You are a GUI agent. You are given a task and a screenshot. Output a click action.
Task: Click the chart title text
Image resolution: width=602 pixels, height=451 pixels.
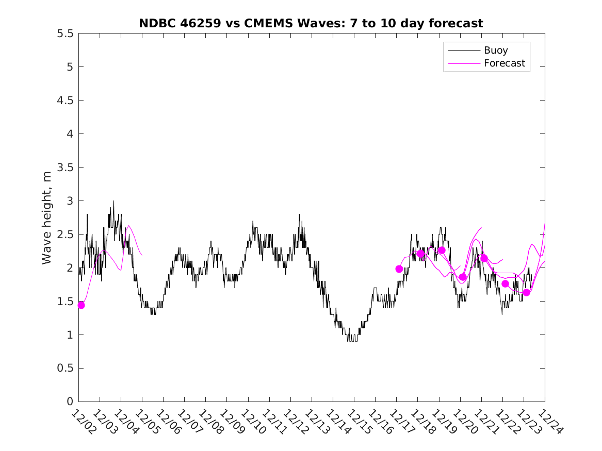(311, 23)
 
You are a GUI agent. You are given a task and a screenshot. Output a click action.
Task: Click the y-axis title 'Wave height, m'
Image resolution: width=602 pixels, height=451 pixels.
(47, 218)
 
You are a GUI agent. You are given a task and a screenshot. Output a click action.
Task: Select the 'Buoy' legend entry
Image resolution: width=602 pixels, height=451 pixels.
(495, 51)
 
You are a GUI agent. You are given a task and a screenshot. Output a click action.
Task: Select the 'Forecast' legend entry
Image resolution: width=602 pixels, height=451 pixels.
(504, 63)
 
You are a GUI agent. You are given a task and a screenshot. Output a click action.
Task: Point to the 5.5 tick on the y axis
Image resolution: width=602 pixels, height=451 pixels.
(66, 34)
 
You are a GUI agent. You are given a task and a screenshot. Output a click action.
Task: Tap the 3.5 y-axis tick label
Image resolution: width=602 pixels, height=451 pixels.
(66, 168)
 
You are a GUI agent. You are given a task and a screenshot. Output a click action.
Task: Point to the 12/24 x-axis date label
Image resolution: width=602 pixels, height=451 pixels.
(548, 421)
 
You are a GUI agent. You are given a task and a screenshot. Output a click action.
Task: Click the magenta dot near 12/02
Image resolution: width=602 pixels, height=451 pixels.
(81, 305)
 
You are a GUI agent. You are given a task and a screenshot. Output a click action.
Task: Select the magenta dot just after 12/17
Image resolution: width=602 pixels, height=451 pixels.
(399, 269)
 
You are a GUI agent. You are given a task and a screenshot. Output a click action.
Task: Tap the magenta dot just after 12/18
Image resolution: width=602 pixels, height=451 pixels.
(420, 254)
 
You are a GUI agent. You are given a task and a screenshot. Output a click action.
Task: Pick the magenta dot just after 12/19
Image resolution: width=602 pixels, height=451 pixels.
(442, 250)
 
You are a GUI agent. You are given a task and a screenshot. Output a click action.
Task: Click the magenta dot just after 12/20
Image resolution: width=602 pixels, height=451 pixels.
(463, 277)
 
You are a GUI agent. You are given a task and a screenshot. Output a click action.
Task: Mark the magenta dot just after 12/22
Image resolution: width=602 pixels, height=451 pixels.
(505, 284)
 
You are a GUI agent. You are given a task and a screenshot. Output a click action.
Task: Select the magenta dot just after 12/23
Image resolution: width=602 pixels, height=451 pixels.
(526, 292)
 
